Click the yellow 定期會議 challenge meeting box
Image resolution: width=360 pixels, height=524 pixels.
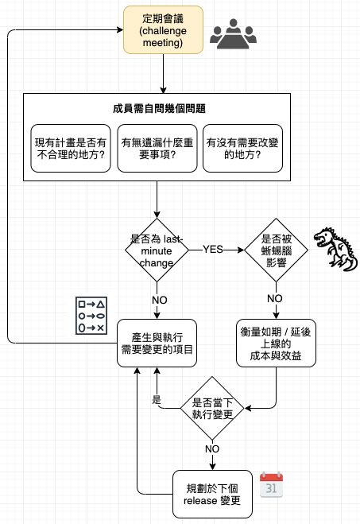coord(163,30)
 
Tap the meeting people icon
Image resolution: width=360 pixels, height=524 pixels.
coord(233,34)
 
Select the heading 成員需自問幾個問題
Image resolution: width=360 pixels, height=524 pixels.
coord(159,109)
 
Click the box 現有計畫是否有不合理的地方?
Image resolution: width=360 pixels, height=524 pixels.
coord(71,149)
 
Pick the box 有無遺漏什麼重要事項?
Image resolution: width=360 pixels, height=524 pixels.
coord(157,149)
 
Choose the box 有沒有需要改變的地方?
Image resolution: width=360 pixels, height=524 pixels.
coord(243,149)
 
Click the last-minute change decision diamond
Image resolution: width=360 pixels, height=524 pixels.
coord(157,250)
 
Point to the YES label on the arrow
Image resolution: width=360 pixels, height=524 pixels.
coord(213,250)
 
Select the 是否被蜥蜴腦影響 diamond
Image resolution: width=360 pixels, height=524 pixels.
coord(277,250)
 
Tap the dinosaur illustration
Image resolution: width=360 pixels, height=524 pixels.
coord(335,249)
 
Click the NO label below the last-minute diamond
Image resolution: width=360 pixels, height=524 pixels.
coord(160,300)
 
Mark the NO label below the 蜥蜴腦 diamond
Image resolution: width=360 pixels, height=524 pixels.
coord(275,298)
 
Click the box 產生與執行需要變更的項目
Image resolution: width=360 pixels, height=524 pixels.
coord(157,344)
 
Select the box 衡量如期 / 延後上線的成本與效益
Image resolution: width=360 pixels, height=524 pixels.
coord(277,344)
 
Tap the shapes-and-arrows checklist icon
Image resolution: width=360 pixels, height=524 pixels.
coord(91,316)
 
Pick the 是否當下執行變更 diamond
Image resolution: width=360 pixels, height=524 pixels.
coord(212,408)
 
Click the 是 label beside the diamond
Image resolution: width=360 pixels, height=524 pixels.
coord(157,399)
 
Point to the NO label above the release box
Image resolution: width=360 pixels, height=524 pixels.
coord(212,448)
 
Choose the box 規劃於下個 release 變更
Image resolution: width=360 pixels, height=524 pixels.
coord(212,495)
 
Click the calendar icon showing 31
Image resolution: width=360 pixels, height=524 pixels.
coord(271,485)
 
